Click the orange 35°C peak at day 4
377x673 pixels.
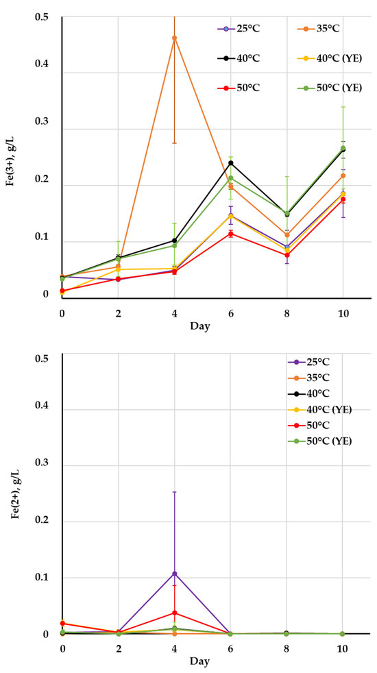point(174,38)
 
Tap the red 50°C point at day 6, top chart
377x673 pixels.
point(230,234)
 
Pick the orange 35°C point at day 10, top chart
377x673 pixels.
point(343,175)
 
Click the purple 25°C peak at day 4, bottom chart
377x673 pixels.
point(174,574)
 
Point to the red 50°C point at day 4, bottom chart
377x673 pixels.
point(174,613)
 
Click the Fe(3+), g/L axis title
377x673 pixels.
point(16,157)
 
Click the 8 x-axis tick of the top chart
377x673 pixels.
point(287,313)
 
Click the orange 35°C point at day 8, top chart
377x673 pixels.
point(287,235)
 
